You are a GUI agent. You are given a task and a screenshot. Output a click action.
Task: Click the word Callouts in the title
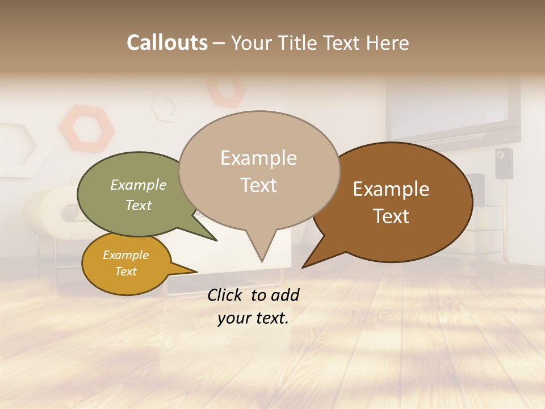[x=167, y=43]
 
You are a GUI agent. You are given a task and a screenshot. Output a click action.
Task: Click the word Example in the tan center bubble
[x=258, y=158]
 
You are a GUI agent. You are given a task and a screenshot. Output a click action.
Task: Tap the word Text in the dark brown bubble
[x=391, y=216]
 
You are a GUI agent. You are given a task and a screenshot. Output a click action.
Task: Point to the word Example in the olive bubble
[x=139, y=185]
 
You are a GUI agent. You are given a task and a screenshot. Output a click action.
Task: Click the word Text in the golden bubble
[x=126, y=272]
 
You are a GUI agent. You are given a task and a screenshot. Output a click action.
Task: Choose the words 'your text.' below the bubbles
[x=253, y=318]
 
